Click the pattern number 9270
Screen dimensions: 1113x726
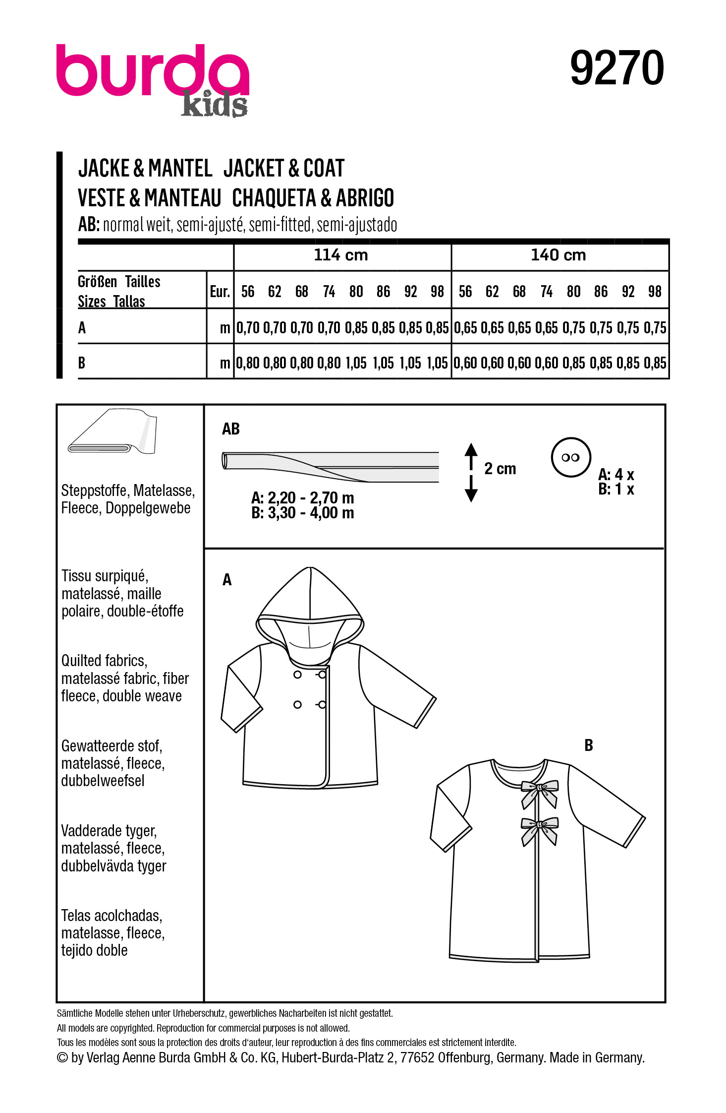click(x=616, y=68)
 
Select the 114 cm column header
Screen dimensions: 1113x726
click(x=341, y=255)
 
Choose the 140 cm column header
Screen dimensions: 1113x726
click(x=558, y=255)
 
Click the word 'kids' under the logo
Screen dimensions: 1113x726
click(x=214, y=105)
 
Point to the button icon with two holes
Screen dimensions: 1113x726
click(x=570, y=457)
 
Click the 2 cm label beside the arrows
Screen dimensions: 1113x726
click(x=500, y=469)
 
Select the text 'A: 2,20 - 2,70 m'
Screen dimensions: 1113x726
click(x=302, y=497)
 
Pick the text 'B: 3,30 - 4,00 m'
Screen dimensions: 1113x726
click(x=302, y=513)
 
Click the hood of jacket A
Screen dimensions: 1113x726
click(x=310, y=600)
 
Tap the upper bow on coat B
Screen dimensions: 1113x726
click(x=539, y=791)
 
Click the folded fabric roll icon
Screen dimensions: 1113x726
click(x=113, y=432)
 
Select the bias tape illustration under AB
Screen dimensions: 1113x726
click(x=330, y=466)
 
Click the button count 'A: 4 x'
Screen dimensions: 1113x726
click(x=616, y=475)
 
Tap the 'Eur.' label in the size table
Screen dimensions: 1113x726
click(x=220, y=292)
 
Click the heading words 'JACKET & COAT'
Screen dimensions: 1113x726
click(x=283, y=169)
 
